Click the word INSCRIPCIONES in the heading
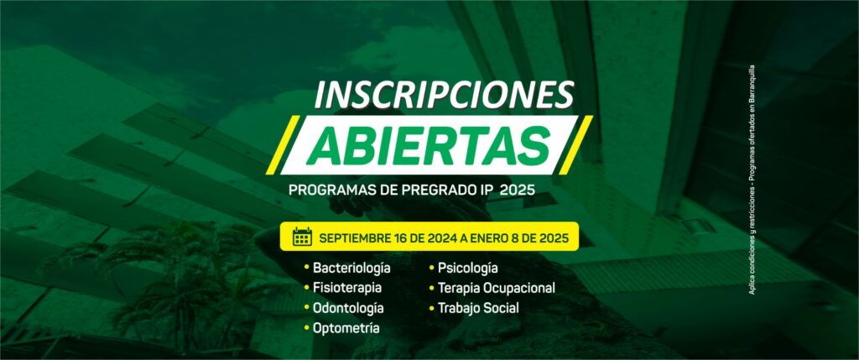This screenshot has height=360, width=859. (444, 96)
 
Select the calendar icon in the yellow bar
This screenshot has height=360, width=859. (302, 237)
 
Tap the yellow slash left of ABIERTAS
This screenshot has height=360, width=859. (283, 144)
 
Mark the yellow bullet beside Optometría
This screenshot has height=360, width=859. (306, 327)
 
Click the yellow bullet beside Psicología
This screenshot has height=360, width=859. (432, 268)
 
